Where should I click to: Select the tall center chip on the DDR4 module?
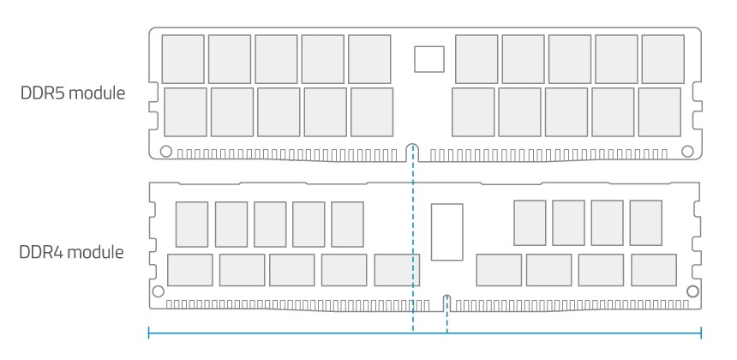tap(446, 231)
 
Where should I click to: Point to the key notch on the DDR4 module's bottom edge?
tap(446, 301)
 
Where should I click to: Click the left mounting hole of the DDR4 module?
tap(157, 291)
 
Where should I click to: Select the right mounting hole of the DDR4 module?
tap(692, 291)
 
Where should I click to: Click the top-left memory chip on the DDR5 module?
tap(183, 59)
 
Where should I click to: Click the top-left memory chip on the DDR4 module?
tap(192, 225)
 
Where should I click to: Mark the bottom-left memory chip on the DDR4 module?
tap(190, 270)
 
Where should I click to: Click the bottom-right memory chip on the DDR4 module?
tap(653, 270)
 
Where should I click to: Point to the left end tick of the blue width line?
tap(150, 333)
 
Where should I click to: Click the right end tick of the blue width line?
tap(702, 333)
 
